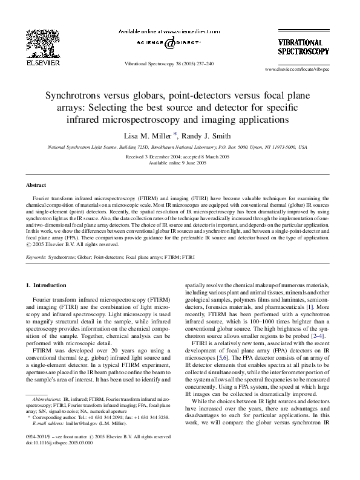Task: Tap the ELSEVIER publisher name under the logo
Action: click(43, 62)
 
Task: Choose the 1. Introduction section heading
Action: click(52, 284)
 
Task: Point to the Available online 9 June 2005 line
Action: click(180, 163)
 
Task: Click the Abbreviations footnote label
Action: click(47, 400)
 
